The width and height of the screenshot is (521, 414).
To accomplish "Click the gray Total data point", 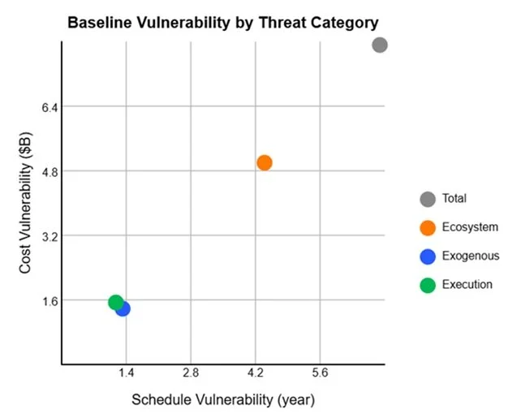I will [x=380, y=45].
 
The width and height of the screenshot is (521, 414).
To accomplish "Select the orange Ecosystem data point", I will [x=264, y=162].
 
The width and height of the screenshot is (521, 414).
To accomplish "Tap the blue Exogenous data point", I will [x=123, y=308].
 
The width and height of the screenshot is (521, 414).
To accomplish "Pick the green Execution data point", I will [x=116, y=302].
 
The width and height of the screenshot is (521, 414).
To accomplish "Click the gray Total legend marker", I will [x=428, y=199].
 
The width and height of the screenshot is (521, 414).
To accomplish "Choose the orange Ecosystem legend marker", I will [x=428, y=227].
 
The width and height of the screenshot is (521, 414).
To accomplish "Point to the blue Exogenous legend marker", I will [x=428, y=257].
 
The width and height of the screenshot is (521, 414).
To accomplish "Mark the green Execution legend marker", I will [x=428, y=285].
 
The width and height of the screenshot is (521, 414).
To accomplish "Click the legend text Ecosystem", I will [x=470, y=227].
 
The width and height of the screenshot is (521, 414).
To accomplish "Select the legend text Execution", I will [x=467, y=285].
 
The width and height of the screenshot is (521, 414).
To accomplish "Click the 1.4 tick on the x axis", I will [x=126, y=373].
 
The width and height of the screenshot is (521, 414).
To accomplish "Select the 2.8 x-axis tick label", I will [x=191, y=373].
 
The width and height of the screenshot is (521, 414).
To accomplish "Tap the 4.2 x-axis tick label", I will [x=255, y=373].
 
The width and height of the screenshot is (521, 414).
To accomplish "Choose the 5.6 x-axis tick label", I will [x=320, y=373].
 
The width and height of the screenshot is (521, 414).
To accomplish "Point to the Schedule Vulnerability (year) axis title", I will [x=222, y=399].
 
